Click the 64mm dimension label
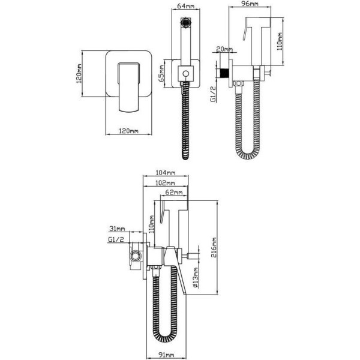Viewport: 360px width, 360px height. tap(186, 5)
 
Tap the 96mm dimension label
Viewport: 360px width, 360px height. tap(250, 3)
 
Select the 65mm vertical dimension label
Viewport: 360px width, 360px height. tap(161, 73)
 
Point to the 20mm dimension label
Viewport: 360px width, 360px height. tap(224, 49)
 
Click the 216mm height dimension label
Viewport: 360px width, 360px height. tap(214, 247)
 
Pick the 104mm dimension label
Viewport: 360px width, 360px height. tap(166, 172)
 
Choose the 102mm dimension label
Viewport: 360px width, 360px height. tap(165, 183)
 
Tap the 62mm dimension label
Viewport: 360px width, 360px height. tap(174, 192)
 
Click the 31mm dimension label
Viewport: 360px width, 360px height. tap(117, 229)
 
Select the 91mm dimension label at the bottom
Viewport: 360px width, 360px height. tap(166, 355)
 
